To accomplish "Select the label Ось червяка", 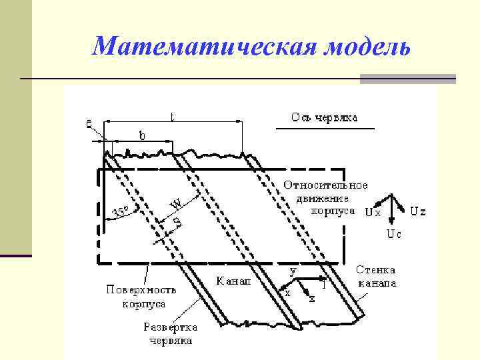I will click(x=323, y=117).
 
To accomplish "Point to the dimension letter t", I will click(x=172, y=116).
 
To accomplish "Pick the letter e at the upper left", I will click(x=89, y=123).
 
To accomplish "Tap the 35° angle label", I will click(x=121, y=212).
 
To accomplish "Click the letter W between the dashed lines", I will click(x=176, y=202).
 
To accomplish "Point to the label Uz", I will click(x=418, y=212).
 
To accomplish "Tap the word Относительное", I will click(x=325, y=185).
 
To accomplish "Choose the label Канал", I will click(x=233, y=281).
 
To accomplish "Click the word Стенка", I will click(x=375, y=270).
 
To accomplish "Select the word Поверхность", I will click(x=141, y=290).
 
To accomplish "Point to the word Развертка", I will click(x=168, y=327).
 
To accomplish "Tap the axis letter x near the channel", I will click(x=287, y=293).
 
